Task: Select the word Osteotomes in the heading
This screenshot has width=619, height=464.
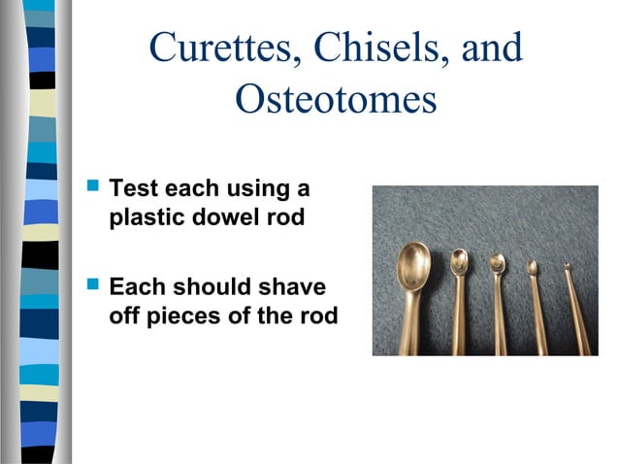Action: click(x=335, y=99)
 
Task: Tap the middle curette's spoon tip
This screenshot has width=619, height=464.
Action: click(x=498, y=262)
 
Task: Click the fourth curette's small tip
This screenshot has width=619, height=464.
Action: click(x=533, y=266)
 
